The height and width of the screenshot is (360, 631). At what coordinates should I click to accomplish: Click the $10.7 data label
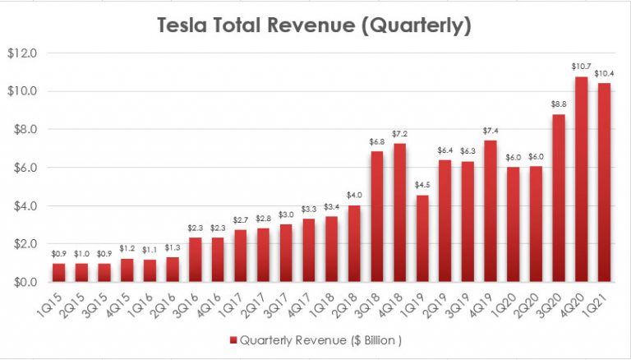point(580,65)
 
